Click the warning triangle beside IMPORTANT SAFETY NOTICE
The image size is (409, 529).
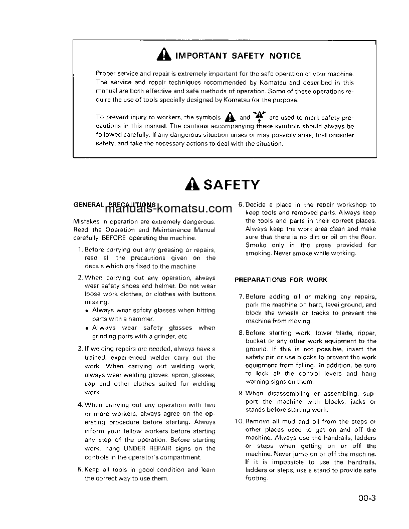(163, 55)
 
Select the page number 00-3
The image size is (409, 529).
(367, 498)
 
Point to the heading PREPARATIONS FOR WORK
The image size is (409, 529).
(281, 280)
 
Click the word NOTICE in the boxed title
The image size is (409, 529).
(286, 56)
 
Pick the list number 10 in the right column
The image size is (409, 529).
(239, 422)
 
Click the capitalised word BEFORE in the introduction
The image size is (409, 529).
(114, 238)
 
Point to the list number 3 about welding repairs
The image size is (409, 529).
(80, 349)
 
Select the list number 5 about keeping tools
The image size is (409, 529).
(80, 470)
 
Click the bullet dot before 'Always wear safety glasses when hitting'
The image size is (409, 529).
(87, 311)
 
